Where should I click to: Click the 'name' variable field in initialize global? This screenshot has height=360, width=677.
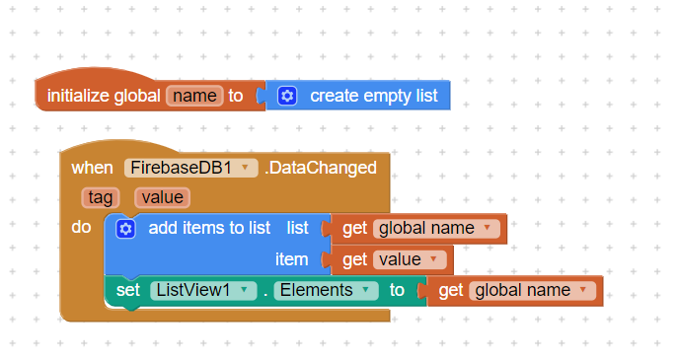(x=194, y=96)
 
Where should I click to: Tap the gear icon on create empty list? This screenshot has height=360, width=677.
(x=287, y=96)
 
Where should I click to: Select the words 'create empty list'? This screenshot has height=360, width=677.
(x=374, y=96)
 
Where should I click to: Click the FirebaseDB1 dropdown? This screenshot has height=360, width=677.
(x=190, y=168)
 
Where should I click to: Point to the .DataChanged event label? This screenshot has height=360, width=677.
(x=321, y=168)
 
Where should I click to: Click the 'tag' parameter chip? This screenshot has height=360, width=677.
(x=101, y=197)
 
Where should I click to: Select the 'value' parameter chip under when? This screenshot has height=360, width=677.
(x=162, y=197)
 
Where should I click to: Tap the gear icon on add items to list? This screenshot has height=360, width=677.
(x=125, y=229)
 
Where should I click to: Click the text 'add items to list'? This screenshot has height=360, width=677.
(x=209, y=228)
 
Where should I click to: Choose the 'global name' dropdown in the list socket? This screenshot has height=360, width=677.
(x=436, y=229)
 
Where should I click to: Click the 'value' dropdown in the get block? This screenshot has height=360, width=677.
(x=410, y=259)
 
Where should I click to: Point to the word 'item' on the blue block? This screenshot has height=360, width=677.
(x=292, y=259)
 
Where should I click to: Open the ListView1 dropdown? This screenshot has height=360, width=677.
(x=203, y=291)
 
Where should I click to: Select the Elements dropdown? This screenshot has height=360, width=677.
(x=326, y=291)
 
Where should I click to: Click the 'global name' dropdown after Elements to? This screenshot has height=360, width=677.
(x=532, y=291)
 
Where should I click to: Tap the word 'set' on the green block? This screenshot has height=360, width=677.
(x=128, y=291)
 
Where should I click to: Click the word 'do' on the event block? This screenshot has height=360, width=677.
(x=81, y=227)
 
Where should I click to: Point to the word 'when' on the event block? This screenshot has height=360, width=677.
(x=93, y=168)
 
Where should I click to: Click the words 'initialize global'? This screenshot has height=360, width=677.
(x=104, y=96)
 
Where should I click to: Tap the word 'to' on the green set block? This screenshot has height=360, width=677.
(x=397, y=291)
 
